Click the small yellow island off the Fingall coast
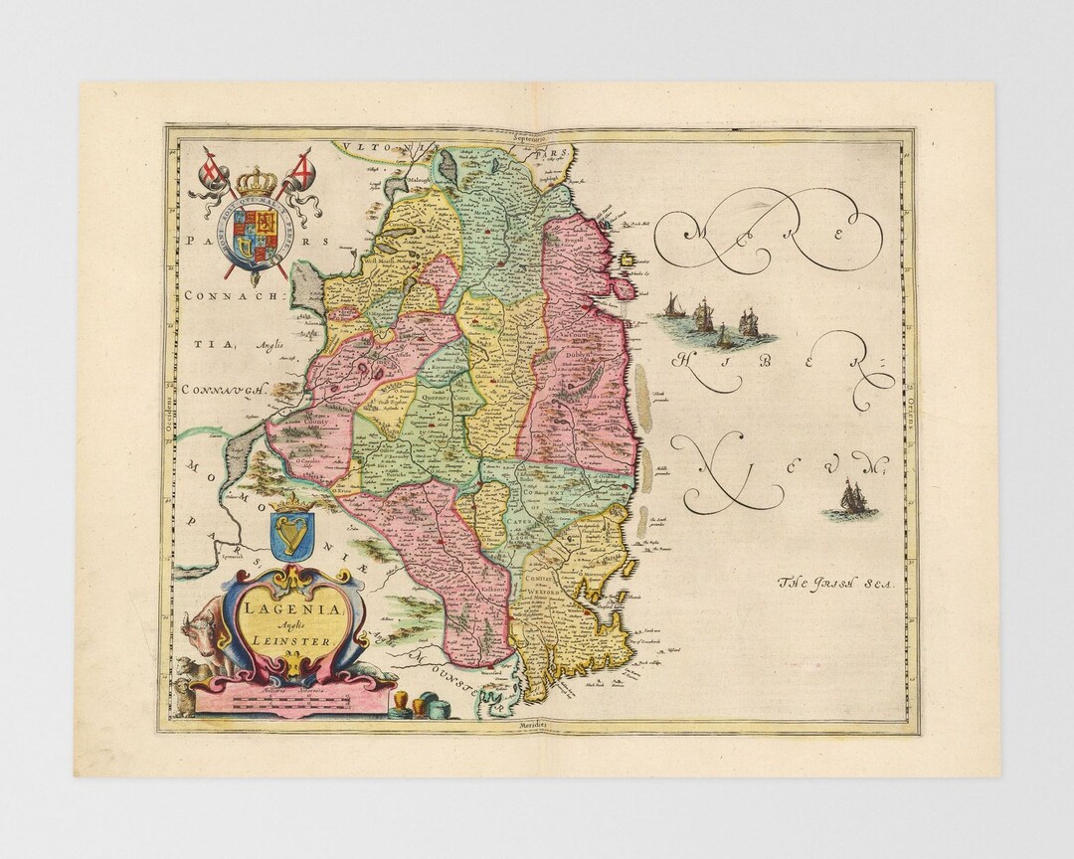628,261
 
